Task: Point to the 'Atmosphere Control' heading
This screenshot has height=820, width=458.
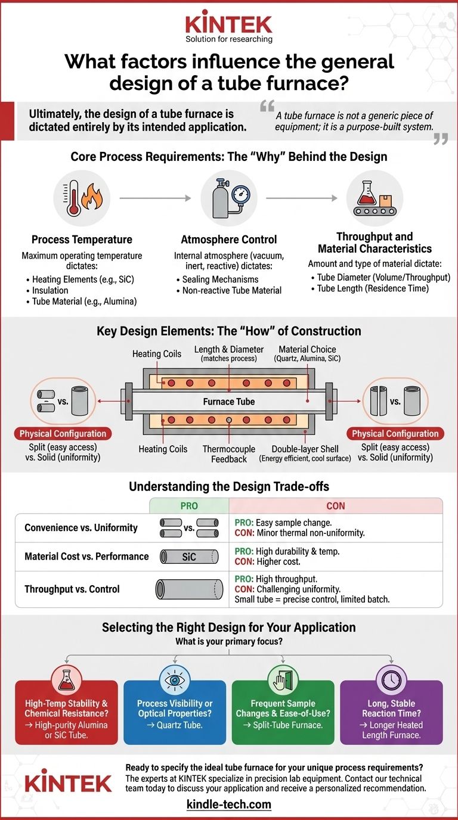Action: point(228,240)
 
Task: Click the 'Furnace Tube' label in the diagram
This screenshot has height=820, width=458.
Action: point(229,402)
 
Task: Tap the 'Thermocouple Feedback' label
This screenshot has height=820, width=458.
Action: point(228,454)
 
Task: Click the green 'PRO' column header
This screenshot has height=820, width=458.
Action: point(189,506)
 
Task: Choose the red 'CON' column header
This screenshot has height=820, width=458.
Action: point(335,506)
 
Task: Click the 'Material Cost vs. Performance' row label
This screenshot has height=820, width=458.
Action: point(86,557)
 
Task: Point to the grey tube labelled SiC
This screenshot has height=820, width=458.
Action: point(188,557)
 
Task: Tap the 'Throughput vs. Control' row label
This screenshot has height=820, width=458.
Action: point(72,589)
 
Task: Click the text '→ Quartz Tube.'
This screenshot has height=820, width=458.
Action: point(175,725)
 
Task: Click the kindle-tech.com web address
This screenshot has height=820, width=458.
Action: point(228,805)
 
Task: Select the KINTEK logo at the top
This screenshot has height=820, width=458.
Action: point(228,25)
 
